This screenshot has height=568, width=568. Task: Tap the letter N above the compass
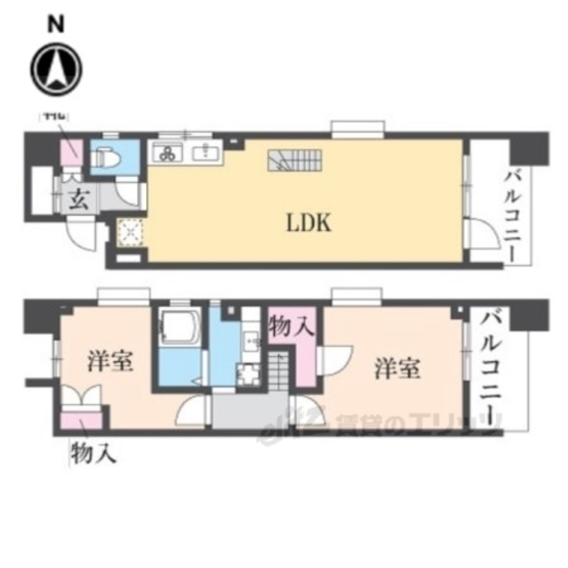point(55,24)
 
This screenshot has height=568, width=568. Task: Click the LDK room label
point(308,223)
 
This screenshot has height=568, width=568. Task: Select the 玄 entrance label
point(78,201)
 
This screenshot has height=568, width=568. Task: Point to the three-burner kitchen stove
point(168,152)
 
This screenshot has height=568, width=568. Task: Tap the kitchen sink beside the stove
point(204,152)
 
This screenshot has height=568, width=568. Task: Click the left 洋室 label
point(110,362)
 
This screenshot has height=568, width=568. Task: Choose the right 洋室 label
point(397,369)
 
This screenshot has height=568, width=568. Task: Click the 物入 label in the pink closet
point(291,328)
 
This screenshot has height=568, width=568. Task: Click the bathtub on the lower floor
point(179,329)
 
